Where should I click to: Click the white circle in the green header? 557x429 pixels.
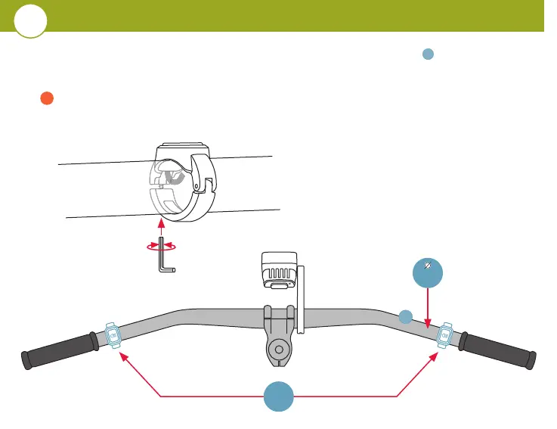30,21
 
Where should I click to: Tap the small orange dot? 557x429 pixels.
45,98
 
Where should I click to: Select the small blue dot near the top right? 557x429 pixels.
427,54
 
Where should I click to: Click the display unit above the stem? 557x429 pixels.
276,270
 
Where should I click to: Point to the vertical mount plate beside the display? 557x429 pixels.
300,299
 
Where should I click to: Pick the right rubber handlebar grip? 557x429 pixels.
498,350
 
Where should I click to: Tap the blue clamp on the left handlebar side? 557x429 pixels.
113,334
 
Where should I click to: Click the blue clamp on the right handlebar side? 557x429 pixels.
444,334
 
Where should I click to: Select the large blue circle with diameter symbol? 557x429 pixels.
428,269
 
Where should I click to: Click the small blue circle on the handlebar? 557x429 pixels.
406,316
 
